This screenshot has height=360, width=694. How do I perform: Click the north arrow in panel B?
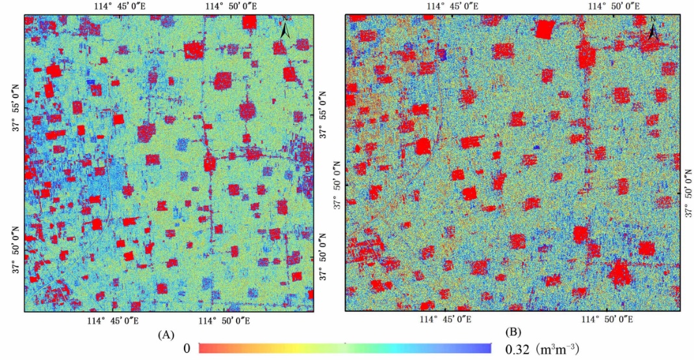(x=653, y=31)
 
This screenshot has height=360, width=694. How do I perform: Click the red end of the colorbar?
(x=203, y=349)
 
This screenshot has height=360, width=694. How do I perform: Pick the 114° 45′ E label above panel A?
(x=118, y=6)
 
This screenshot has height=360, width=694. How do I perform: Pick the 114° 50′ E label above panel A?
(x=231, y=6)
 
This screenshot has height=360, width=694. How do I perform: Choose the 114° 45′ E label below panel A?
(x=117, y=320)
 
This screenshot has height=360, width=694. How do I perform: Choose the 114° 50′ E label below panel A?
(x=230, y=320)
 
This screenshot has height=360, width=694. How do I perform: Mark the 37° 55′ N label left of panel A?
(x=16, y=111)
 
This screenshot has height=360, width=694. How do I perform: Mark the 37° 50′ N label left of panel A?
(x=16, y=250)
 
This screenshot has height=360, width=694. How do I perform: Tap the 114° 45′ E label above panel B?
(x=453, y=6)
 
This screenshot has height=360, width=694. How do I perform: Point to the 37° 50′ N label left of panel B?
(x=337, y=185)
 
